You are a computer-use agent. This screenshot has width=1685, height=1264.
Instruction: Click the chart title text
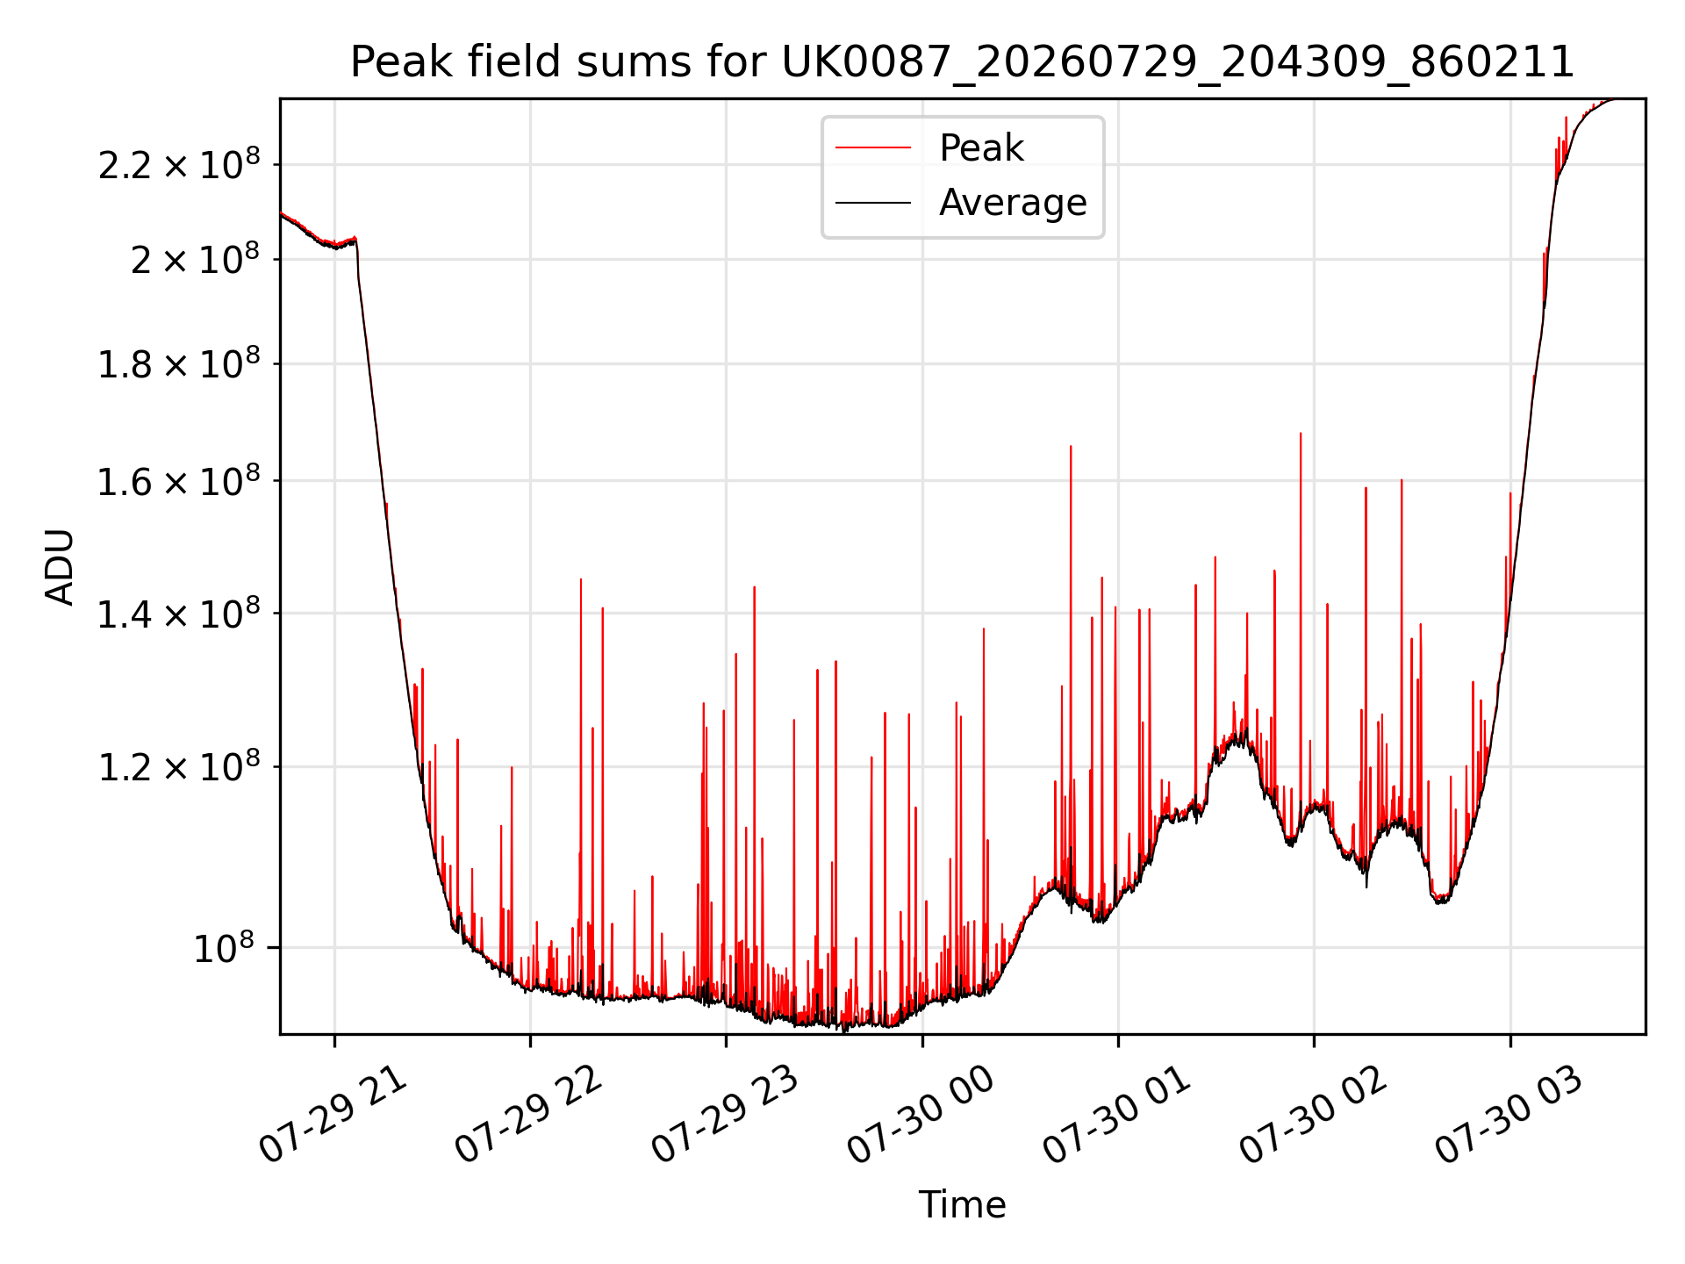tap(963, 62)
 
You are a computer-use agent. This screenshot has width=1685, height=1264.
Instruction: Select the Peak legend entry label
tap(981, 147)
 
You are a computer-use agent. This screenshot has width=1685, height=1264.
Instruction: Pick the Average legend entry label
tap(1013, 203)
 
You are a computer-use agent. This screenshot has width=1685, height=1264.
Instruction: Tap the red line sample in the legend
tap(873, 148)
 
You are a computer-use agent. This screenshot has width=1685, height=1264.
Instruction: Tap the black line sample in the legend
tap(873, 203)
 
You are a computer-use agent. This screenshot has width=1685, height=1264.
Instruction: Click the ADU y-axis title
tap(60, 567)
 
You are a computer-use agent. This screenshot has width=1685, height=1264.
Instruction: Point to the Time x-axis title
tap(963, 1204)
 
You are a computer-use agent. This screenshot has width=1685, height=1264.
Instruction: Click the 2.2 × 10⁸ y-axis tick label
tap(179, 164)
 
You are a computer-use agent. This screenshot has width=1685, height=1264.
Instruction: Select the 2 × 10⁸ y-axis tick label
tap(196, 259)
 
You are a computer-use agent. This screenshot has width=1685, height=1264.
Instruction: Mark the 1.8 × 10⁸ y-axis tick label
tap(179, 363)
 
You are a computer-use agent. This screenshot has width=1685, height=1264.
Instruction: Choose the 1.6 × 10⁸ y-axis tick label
tap(179, 481)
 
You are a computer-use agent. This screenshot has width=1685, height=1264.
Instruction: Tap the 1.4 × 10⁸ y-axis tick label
tap(179, 614)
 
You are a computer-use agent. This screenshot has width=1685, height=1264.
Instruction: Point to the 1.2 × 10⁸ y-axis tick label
tap(179, 767)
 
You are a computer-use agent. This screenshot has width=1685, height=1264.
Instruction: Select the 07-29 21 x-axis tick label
tap(333, 1115)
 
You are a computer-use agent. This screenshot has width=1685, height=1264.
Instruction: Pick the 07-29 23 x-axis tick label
tap(725, 1115)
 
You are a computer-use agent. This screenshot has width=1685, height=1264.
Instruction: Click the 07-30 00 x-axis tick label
tap(921, 1115)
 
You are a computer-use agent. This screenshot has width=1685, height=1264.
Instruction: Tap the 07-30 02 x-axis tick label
tap(1313, 1115)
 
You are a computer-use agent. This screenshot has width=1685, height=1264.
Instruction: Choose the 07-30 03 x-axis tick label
tap(1509, 1115)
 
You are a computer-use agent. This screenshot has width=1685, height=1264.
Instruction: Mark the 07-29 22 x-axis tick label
tap(529, 1115)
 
